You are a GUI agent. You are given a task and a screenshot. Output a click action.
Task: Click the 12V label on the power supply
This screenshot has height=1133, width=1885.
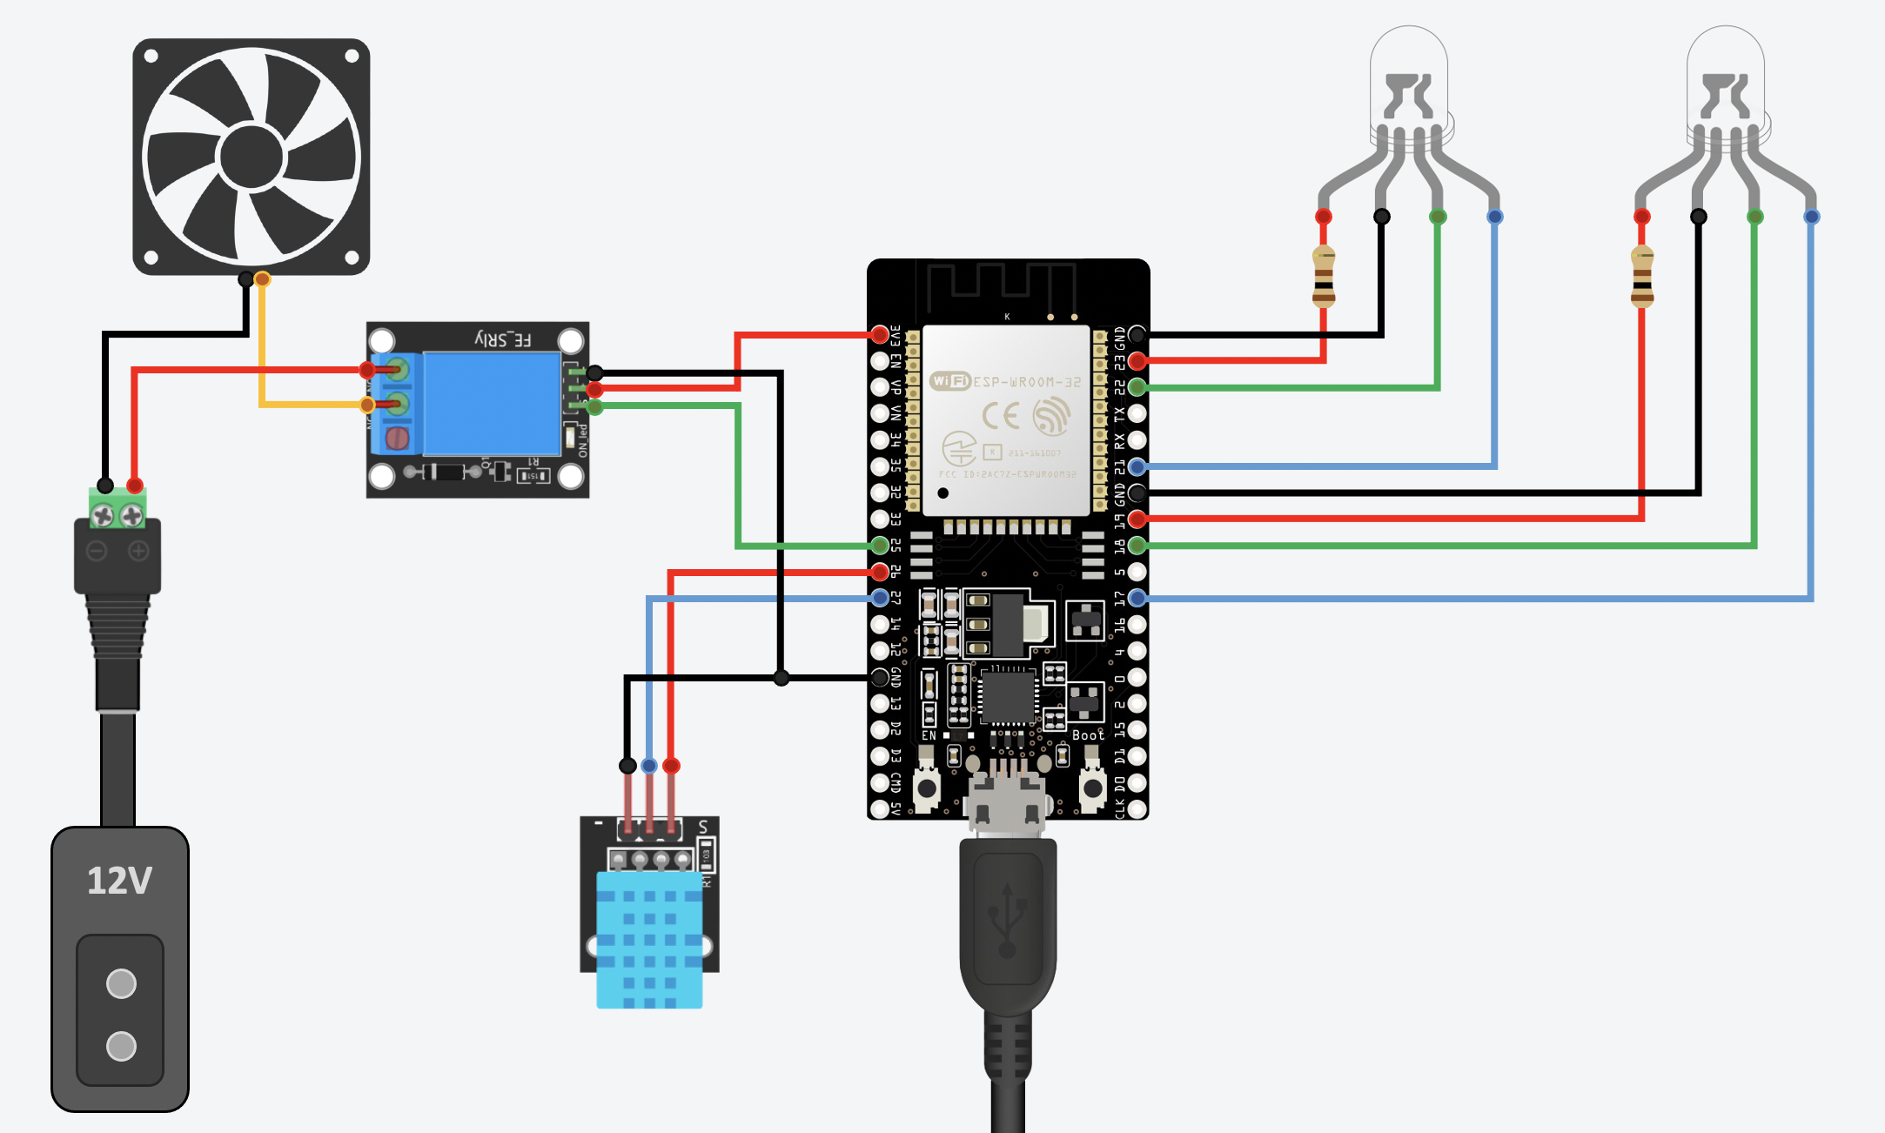click(x=119, y=881)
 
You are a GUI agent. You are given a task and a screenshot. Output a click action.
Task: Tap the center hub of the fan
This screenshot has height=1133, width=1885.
click(x=252, y=157)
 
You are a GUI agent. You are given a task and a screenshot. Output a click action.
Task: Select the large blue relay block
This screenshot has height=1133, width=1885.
click(x=491, y=403)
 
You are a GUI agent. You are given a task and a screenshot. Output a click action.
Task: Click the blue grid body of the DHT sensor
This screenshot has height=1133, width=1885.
click(x=649, y=940)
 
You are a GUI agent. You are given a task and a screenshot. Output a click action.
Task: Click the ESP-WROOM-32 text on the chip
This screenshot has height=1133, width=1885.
click(x=1027, y=382)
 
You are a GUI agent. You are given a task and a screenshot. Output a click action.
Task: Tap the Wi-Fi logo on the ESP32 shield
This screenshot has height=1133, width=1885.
click(x=949, y=381)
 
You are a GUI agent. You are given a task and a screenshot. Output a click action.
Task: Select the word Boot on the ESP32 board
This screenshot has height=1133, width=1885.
click(x=1088, y=735)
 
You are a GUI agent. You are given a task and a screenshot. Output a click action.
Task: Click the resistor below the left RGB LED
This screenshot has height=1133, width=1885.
click(x=1324, y=277)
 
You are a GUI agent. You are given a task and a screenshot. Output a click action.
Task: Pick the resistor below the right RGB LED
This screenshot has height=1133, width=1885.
click(x=1642, y=277)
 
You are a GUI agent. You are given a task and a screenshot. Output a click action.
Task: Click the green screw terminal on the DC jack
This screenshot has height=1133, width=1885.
click(x=117, y=512)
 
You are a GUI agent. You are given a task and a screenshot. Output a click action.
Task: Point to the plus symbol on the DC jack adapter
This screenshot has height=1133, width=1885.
click(x=138, y=551)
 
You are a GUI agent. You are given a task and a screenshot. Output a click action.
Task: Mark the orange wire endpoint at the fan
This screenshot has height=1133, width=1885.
click(x=262, y=279)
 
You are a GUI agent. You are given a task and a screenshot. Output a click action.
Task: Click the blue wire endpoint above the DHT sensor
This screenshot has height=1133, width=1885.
click(x=649, y=766)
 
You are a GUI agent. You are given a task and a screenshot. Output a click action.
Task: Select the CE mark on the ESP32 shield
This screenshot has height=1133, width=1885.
click(x=1000, y=416)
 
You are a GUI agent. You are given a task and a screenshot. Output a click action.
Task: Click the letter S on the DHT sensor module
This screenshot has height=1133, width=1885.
click(x=703, y=827)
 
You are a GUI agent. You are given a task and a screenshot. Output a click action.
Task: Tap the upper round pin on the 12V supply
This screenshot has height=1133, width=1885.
click(x=121, y=984)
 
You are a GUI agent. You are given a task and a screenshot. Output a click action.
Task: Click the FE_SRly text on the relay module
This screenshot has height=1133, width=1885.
click(x=503, y=339)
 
